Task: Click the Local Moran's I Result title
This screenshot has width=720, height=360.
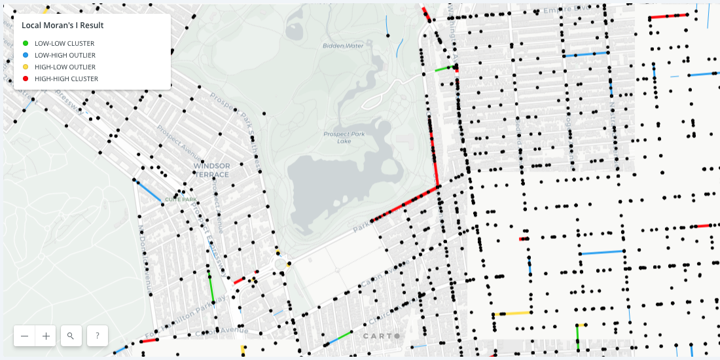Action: coord(63,25)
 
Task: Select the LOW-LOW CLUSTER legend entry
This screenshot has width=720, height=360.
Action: coord(65,43)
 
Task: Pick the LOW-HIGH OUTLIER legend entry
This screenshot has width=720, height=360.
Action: coord(65,55)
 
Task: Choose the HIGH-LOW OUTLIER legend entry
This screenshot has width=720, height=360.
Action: coord(65,67)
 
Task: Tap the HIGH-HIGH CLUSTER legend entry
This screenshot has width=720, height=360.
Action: coord(66,79)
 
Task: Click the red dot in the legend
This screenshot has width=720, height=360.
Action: coord(26,79)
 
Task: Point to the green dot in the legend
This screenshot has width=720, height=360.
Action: coord(26,43)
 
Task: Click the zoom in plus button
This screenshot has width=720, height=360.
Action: coord(46,336)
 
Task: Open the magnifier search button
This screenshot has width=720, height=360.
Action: coord(71,336)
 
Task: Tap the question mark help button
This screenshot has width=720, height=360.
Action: coord(97,336)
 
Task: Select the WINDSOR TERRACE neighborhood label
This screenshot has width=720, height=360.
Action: coord(211,170)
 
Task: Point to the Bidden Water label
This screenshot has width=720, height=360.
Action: coord(343,46)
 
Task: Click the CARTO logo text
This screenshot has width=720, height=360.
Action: coord(380,336)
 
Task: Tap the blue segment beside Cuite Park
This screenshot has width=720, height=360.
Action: coord(149,191)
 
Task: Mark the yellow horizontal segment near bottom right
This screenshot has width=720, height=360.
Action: coord(513,314)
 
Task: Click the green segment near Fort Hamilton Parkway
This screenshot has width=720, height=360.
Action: coord(211,286)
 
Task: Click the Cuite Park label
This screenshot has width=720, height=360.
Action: coord(181,199)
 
